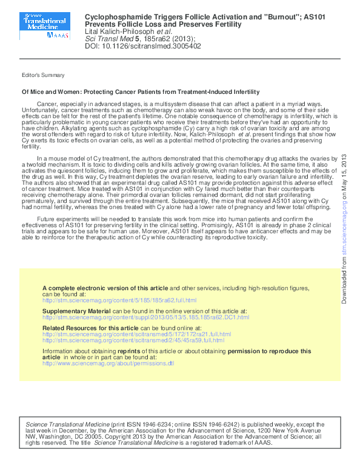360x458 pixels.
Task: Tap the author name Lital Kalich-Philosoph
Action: click(121, 31)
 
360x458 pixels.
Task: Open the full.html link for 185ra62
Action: click(119, 300)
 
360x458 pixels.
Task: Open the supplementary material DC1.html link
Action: click(145, 317)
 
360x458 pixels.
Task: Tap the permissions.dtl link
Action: click(108, 363)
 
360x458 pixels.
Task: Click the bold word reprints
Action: click(145, 351)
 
